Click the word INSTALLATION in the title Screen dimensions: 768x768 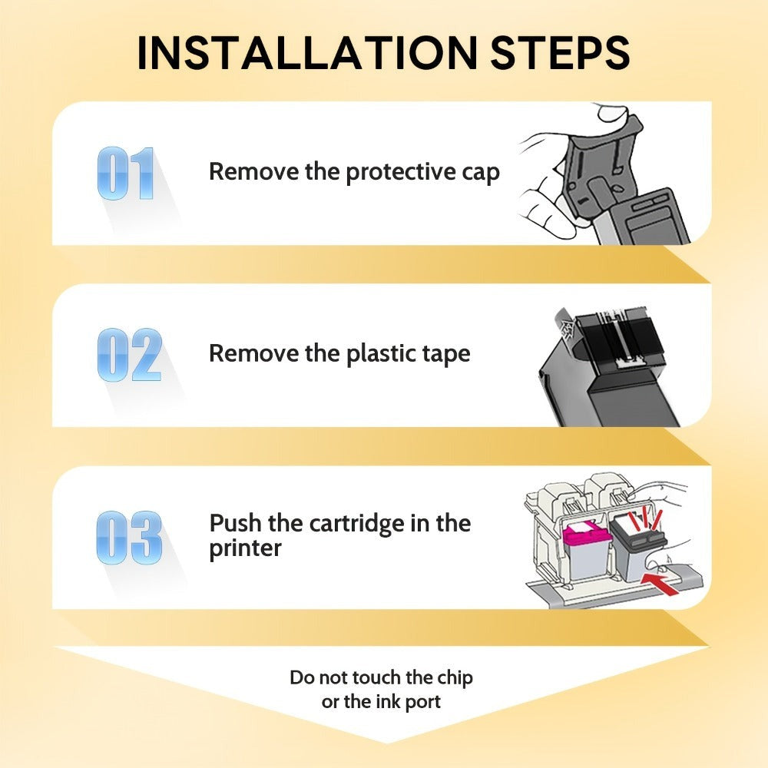point(307,52)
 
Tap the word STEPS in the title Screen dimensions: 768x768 point(560,52)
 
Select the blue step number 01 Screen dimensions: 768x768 point(126,174)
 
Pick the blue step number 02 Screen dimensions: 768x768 point(129,355)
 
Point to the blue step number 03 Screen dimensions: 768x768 point(129,538)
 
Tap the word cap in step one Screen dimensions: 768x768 point(481,174)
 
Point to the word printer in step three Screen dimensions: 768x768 point(246,548)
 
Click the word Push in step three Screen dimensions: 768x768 point(235,523)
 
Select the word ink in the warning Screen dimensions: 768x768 point(386,701)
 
